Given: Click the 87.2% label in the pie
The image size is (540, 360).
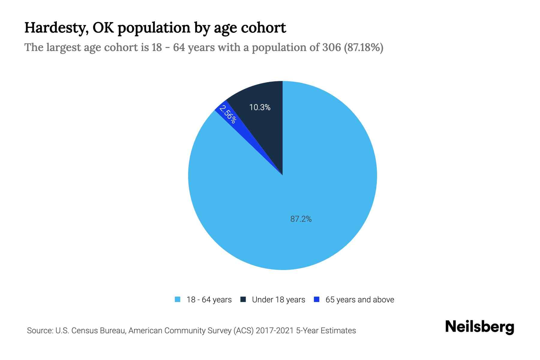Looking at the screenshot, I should [x=301, y=219].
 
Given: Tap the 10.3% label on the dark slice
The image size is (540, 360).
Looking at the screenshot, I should [x=260, y=107].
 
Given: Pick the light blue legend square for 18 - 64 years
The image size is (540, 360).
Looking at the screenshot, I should [x=178, y=299].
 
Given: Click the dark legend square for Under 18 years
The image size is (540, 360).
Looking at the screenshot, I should [x=243, y=299].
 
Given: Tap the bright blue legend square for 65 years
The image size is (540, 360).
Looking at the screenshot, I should [x=316, y=299].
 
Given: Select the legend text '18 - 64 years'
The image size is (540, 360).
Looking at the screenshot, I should [x=209, y=300].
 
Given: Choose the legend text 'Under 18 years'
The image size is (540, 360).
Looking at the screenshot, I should [x=278, y=300].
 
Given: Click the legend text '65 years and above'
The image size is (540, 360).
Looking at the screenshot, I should [x=360, y=300].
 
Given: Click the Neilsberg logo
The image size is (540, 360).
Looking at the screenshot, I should [x=479, y=327].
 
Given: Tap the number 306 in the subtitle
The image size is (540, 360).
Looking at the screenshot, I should [x=331, y=47].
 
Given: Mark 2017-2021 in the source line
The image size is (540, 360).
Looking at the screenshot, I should [x=275, y=331].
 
